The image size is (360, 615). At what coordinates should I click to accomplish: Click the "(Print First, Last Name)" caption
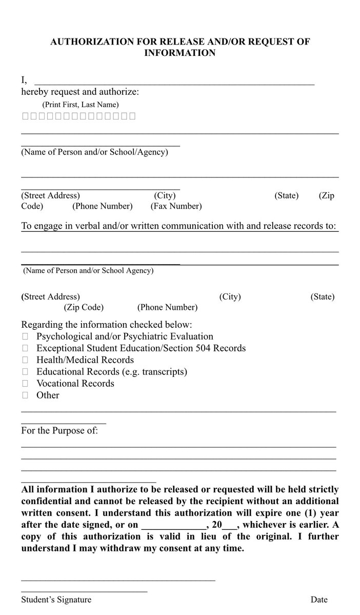click(81, 104)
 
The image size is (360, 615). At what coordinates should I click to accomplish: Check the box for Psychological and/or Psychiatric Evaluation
click(25, 337)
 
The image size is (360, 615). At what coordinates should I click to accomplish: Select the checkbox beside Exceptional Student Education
click(25, 349)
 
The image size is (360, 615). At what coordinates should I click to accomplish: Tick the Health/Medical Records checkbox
click(25, 361)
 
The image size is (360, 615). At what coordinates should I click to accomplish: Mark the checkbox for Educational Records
click(25, 372)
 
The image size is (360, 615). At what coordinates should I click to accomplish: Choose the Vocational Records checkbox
click(25, 384)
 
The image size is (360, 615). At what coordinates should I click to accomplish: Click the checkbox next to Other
click(25, 395)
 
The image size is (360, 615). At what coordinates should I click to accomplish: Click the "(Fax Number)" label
click(176, 206)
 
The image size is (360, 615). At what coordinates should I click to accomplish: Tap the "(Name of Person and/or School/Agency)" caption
click(94, 152)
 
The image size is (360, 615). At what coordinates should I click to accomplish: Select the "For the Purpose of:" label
click(59, 430)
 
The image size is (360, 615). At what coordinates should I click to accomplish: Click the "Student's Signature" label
click(56, 600)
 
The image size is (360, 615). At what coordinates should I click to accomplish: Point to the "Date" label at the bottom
click(318, 600)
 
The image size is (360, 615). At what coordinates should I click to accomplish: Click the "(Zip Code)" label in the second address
click(84, 308)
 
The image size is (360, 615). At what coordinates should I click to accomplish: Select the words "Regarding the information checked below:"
click(107, 325)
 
